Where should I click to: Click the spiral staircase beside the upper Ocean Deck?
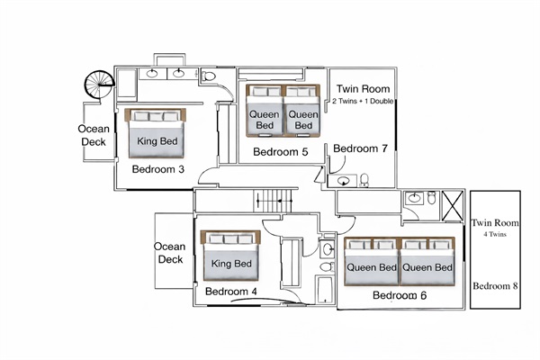96,85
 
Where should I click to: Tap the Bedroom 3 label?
158,169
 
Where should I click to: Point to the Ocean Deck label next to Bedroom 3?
94,135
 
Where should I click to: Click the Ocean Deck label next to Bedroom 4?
169,253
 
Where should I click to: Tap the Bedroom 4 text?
230,292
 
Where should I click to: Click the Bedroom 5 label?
281,152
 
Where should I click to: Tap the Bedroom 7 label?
361,148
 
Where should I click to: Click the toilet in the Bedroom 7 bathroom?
364,181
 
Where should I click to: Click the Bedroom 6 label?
399,295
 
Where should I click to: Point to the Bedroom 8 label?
496,285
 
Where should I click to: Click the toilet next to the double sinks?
209,76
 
